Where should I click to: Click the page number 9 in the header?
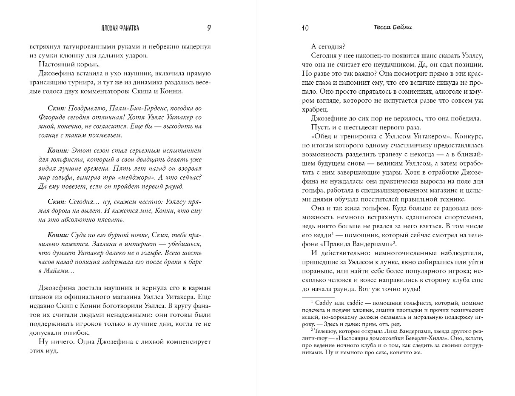(209, 28)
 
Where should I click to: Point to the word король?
(87, 64)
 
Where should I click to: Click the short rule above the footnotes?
(317, 297)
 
